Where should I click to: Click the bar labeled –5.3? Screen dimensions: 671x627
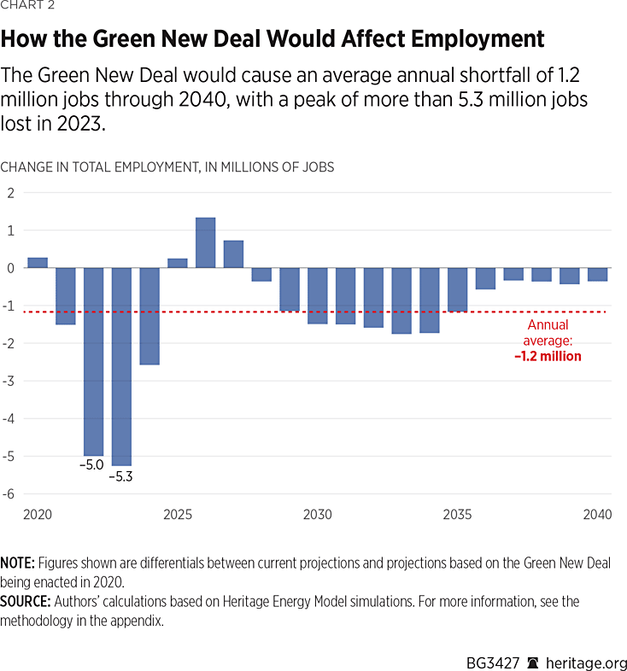[x=121, y=366]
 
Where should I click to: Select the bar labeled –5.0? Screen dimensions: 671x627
[x=93, y=361]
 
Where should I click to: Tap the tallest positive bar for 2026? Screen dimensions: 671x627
[x=205, y=243]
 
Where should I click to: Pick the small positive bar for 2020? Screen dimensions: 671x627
[x=38, y=263]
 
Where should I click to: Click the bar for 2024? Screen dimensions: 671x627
[x=149, y=316]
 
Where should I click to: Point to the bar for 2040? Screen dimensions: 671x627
[x=597, y=274]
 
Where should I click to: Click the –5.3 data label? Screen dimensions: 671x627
[x=121, y=476]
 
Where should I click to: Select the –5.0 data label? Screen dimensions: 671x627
[x=93, y=466]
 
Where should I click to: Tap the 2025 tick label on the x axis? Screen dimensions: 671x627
[x=177, y=515]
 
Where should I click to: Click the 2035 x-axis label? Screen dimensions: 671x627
[x=457, y=515]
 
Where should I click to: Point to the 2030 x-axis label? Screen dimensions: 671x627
[x=317, y=515]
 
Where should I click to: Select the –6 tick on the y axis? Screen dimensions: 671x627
[x=11, y=493]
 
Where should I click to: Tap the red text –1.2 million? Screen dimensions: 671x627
[x=548, y=356]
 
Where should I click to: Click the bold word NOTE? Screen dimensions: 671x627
[x=17, y=565]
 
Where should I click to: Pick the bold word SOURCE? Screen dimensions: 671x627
[x=25, y=602]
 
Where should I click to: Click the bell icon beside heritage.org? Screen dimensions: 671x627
[x=532, y=662]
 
